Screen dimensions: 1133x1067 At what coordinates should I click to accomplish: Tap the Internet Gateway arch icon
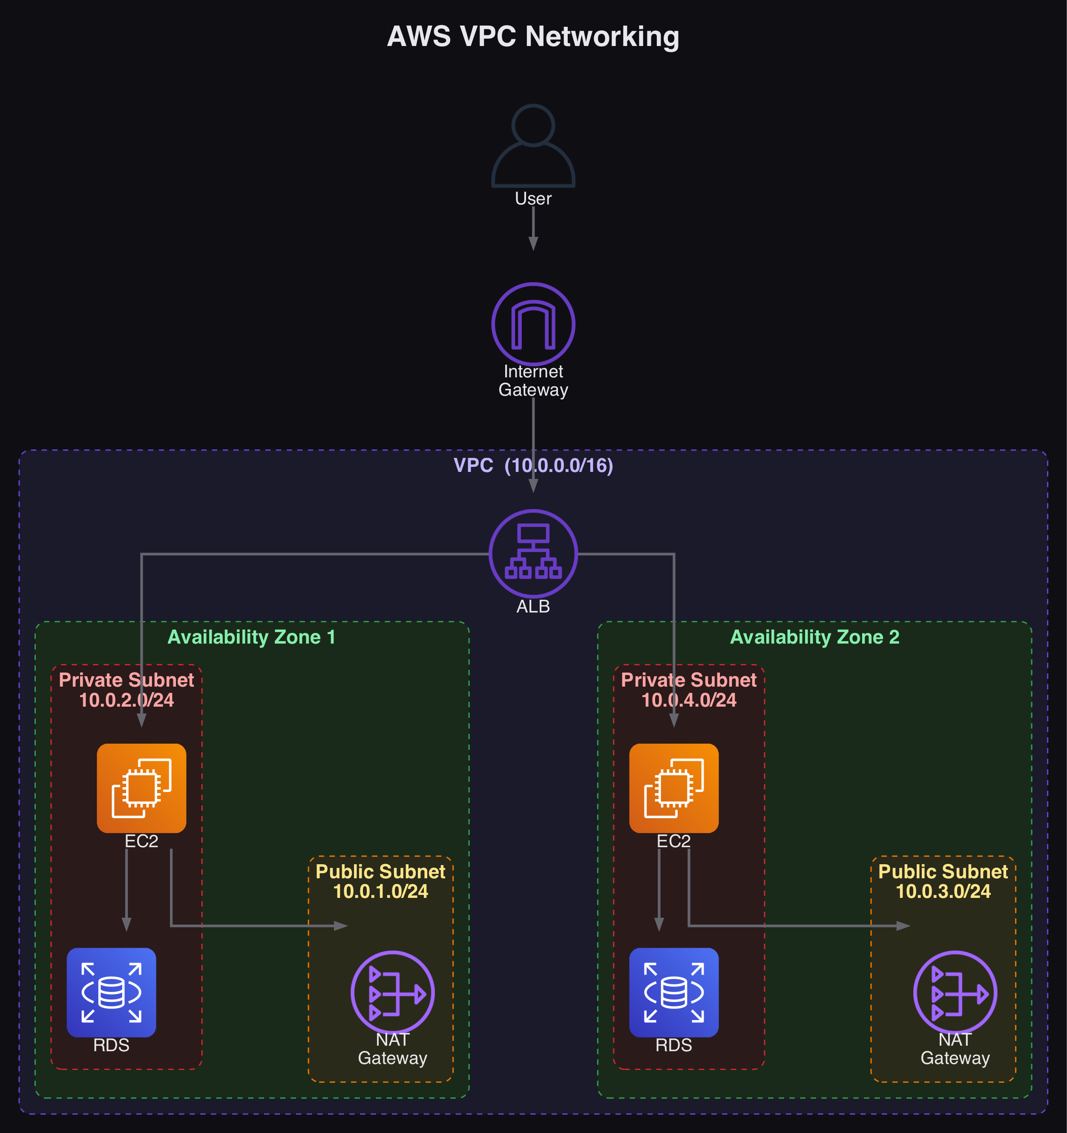click(533, 324)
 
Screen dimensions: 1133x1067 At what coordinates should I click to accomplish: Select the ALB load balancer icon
click(533, 553)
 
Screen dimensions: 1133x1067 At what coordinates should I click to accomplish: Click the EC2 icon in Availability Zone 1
click(141, 788)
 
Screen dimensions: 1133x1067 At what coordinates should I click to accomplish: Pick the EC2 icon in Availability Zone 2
click(674, 788)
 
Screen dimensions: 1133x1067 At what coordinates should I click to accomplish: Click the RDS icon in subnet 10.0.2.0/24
click(111, 992)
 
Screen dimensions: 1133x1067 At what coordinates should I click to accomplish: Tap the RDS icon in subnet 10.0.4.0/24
click(674, 992)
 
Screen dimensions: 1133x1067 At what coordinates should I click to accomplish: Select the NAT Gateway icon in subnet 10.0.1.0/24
click(392, 992)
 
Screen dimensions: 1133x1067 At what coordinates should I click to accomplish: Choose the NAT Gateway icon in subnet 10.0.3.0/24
click(955, 992)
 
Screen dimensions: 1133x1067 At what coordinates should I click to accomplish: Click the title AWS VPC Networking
click(533, 37)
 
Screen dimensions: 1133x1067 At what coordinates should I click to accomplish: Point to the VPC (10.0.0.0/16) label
click(533, 466)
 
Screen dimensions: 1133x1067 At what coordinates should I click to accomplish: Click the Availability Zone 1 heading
click(251, 637)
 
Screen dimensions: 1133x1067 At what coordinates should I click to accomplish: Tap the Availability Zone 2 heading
click(814, 637)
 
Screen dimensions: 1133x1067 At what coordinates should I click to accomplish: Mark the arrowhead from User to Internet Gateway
click(533, 244)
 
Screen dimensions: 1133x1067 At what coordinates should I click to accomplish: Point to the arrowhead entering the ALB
click(533, 486)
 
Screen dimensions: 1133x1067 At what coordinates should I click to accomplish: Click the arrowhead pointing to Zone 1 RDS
click(127, 924)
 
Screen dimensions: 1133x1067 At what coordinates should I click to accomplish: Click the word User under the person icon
click(533, 198)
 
